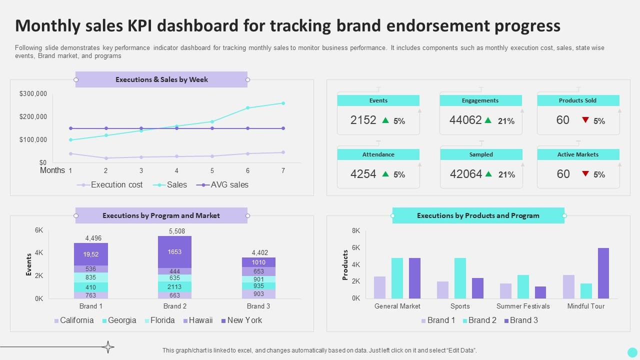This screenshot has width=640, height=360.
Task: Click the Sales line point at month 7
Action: pos(283,103)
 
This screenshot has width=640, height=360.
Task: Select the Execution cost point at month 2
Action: pos(106,158)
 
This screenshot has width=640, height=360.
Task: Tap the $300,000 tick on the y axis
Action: pos(33,93)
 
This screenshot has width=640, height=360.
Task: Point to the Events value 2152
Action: pos(363,120)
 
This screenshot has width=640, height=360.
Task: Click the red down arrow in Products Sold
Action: pos(585,120)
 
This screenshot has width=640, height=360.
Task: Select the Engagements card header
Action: pos(480,100)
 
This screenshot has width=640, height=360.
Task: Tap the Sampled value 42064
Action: pos(466,174)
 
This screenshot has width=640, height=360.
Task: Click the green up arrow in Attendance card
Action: pos(385,174)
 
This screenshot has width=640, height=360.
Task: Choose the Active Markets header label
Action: pos(577,154)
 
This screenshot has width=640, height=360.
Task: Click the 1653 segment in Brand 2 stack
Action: pos(174,252)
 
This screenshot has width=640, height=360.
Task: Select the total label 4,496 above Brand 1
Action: pos(93,238)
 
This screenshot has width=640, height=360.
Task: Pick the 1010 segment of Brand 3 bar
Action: pos(258,262)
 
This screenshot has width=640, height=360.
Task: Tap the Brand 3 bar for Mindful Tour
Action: pos(603,273)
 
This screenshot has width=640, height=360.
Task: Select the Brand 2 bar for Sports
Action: pos(460,278)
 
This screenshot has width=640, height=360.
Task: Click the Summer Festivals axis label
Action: pos(523,306)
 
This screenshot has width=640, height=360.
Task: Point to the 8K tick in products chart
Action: pos(356,230)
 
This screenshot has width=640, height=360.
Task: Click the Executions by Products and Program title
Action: pos(478,215)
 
